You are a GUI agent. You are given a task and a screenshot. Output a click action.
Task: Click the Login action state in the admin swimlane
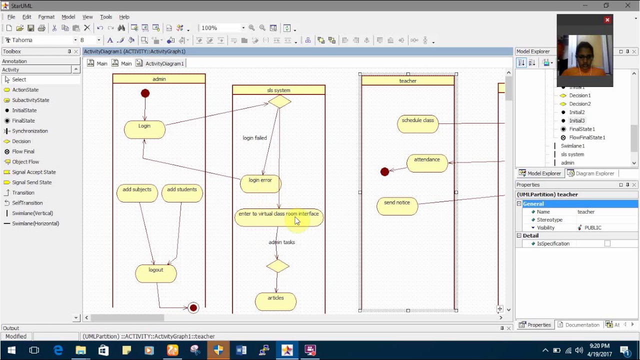click(144, 129)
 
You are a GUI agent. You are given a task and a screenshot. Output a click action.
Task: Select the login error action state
click(260, 183)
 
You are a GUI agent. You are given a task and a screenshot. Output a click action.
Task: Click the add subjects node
click(137, 193)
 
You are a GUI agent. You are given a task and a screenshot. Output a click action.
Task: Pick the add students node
click(182, 193)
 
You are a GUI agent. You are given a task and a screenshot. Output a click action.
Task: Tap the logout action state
click(156, 273)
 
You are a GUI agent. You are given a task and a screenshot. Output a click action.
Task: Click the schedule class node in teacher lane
click(417, 124)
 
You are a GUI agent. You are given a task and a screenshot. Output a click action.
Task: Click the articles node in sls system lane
click(275, 301)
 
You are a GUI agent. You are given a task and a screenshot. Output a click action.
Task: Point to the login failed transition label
click(255, 138)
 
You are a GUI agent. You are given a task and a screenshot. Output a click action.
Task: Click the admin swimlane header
click(159, 79)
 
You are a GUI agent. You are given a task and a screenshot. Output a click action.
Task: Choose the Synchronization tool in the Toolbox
click(30, 131)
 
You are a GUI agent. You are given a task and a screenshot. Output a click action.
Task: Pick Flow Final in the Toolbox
click(23, 151)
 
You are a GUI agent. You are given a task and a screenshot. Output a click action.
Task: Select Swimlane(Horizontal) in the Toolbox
click(35, 223)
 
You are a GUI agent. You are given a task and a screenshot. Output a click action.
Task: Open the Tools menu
click(105, 17)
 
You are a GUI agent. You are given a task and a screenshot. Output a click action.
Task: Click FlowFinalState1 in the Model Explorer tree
click(587, 137)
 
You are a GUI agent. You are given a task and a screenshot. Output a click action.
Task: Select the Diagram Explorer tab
click(591, 173)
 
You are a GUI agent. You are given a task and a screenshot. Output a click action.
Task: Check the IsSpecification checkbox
click(607, 243)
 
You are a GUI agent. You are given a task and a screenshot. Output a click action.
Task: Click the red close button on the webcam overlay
click(607, 19)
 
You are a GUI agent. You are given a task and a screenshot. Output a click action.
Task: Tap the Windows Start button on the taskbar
click(11, 350)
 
